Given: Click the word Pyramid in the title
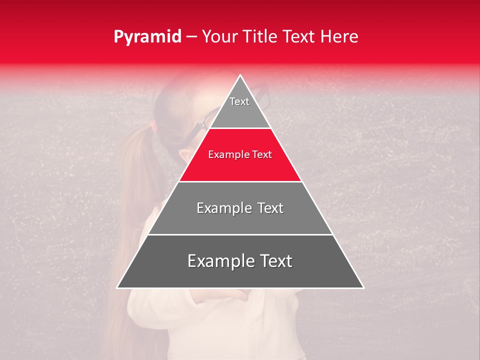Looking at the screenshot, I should pos(147,37).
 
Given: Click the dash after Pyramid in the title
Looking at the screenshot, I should pos(191,37).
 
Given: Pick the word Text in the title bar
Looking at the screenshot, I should pos(299,36).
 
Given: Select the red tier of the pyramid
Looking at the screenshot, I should pos(240,165).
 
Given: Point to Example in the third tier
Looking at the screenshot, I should pos(222,208).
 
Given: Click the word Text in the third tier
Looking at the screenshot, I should pos(270,208).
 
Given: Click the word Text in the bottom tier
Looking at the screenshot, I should pos(275,261).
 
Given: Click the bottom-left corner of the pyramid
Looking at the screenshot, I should pos(118,287).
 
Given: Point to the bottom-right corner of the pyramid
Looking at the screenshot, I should pos(363,287).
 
